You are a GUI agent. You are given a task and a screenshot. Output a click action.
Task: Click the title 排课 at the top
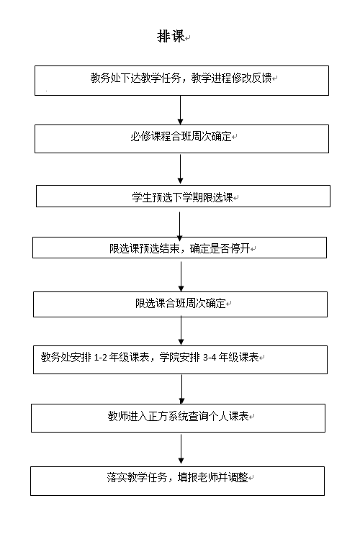pos(171,36)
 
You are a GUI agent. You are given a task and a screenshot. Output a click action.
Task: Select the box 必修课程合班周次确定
pos(181,139)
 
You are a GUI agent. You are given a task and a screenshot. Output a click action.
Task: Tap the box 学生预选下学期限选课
pos(183,196)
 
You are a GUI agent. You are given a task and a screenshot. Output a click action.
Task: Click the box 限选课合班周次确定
pos(180,304)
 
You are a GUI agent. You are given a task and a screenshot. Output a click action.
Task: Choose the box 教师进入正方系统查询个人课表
pos(178,418)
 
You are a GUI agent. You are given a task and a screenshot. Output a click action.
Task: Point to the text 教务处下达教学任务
pos(135,78)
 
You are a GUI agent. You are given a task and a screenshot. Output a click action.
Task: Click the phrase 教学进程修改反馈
pos(231,78)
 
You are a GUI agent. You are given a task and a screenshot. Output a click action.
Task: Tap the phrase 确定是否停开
pos(220,248)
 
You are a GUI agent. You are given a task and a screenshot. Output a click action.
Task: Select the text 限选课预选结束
pos(145,248)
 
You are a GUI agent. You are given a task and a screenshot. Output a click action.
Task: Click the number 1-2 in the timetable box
pos(101,358)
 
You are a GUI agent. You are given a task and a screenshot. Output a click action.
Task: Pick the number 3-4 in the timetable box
pos(210,358)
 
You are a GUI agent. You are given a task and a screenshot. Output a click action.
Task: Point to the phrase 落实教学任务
pos(137,477)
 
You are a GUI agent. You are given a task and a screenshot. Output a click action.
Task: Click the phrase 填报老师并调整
pos(212,477)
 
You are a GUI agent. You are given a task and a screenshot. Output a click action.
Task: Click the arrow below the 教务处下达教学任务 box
pos(181,110)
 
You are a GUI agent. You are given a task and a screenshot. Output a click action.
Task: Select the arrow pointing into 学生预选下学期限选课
pos(181,169)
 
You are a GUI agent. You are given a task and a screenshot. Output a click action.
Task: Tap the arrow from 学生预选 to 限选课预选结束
pos(180,227)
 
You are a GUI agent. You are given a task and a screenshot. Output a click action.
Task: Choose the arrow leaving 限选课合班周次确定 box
pos(181,330)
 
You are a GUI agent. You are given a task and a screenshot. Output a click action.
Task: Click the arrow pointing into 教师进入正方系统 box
pos(182,389)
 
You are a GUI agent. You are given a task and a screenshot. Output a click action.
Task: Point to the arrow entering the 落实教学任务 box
pos(181,449)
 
